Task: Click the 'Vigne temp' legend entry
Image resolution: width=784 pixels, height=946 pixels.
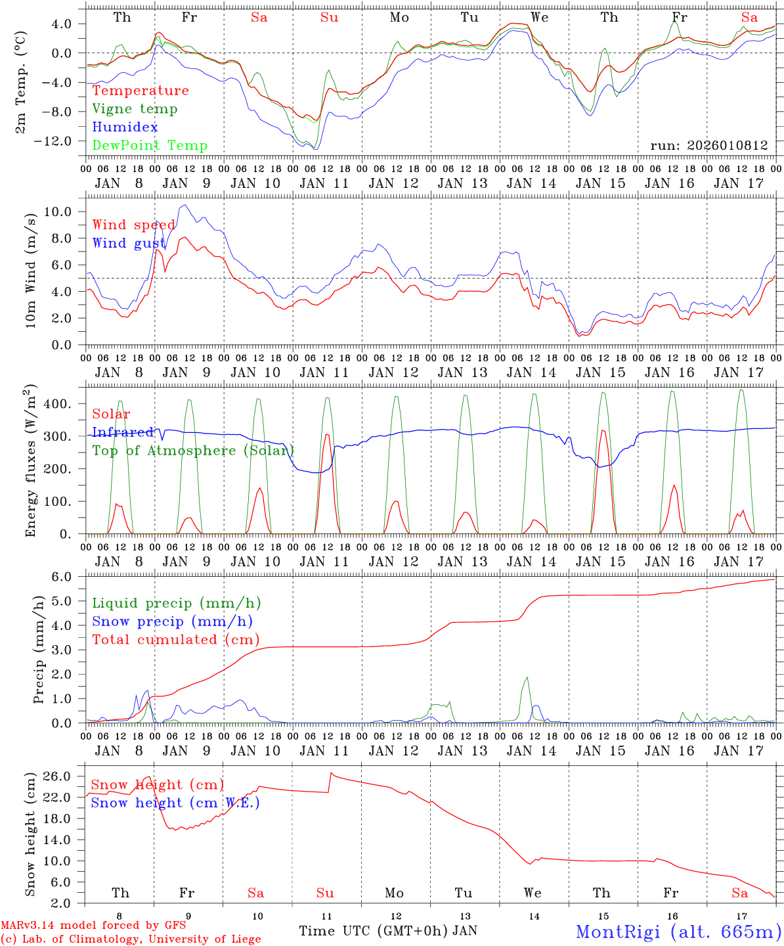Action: tap(135, 109)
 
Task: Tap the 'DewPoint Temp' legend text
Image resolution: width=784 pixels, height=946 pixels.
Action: tap(150, 146)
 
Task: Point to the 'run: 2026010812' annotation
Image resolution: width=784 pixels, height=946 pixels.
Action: tap(708, 146)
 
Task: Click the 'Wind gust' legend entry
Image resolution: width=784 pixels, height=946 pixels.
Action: tap(129, 243)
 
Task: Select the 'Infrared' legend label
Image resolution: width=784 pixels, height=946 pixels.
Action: tap(123, 432)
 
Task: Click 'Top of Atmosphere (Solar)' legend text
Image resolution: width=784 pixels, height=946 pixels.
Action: tap(193, 451)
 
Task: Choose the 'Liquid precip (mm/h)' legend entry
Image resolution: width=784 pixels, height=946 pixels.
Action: tap(177, 603)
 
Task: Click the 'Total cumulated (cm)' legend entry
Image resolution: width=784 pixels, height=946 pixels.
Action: tap(176, 640)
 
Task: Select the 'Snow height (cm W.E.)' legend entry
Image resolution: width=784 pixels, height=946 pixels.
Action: tap(175, 803)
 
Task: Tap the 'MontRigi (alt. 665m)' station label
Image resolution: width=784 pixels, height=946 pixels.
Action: tap(678, 932)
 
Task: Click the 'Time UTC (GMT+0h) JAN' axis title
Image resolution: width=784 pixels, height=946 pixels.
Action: tap(388, 931)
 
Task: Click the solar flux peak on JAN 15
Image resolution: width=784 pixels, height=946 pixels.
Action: tap(603, 431)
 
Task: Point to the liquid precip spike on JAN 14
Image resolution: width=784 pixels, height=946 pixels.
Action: tap(527, 678)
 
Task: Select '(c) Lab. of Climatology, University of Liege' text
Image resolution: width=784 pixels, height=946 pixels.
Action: tap(131, 939)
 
